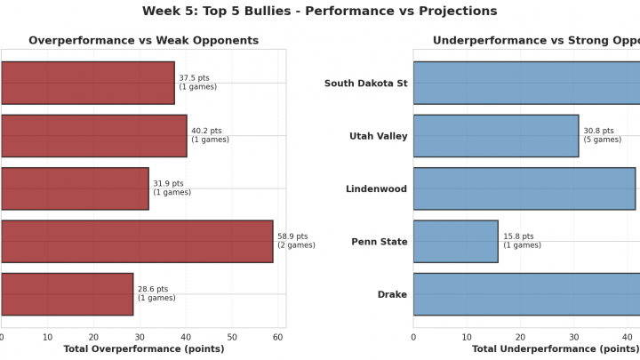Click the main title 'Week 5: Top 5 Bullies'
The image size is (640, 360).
pos(320,12)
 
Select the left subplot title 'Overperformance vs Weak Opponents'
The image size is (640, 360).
pos(143,41)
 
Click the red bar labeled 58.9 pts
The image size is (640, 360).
pos(137,242)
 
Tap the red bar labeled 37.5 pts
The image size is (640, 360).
pos(88,83)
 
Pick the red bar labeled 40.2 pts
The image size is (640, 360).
pos(93,136)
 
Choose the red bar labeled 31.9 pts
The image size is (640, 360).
pos(75,188)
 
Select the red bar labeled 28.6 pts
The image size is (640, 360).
pos(67,294)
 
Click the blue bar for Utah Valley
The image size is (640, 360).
pos(495,136)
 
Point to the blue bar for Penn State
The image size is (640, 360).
pos(455,242)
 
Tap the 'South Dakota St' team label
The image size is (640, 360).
pos(365,84)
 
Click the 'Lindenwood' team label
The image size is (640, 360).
pos(376,189)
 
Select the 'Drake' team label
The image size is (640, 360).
pos(392,295)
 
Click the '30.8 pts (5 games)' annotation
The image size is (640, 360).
pos(602,135)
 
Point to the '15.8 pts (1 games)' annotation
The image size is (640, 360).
pos(522,241)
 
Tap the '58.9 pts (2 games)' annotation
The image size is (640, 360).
pos(296,241)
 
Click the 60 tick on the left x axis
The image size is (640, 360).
pos(278,338)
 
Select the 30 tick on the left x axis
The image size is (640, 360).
pos(140,338)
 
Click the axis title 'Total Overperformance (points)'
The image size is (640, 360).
pos(143,349)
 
